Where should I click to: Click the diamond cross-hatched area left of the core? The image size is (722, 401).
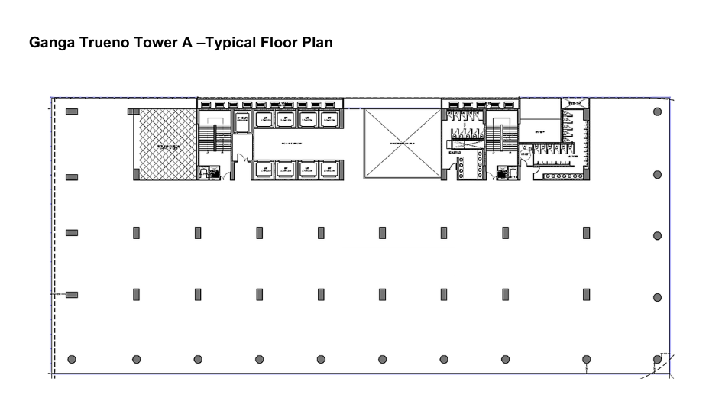tap(166, 144)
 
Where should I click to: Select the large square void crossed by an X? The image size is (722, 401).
tap(402, 144)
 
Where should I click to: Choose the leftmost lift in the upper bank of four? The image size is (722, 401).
tap(264, 118)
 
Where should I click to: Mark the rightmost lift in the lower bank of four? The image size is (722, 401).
tap(329, 170)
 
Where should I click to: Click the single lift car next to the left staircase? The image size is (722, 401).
tap(241, 122)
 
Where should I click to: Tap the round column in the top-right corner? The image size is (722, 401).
tap(657, 112)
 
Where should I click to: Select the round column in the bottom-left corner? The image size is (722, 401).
tap(72, 359)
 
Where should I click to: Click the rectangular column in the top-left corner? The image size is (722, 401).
tap(72, 112)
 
